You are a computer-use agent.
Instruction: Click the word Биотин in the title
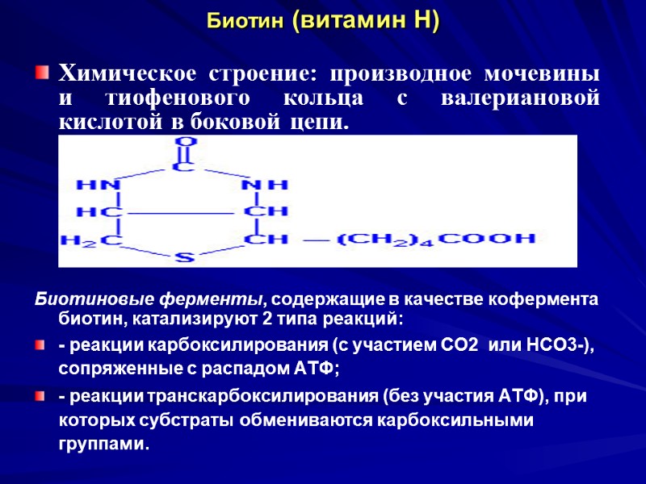pos(242,21)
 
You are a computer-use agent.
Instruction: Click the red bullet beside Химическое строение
pos(41,75)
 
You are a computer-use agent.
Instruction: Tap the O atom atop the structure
pos(185,144)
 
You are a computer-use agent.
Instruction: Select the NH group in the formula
pos(265,185)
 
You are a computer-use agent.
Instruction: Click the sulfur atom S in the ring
pos(185,258)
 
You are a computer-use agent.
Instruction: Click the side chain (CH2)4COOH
pos(436,240)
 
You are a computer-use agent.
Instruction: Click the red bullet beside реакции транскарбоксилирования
pos(41,397)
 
